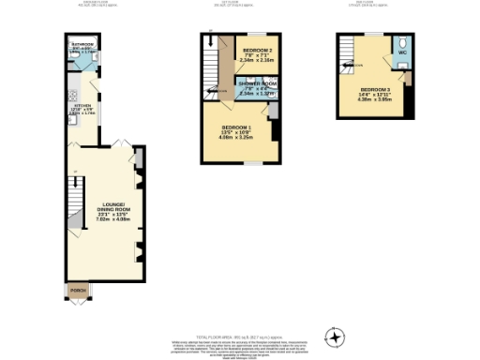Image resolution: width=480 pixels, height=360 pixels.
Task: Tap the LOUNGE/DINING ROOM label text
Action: point(103,206)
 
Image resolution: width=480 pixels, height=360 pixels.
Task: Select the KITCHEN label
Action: point(82,106)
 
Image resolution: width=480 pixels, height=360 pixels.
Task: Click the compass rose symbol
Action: point(335,336)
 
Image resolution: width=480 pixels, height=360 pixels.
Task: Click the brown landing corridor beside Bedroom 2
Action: point(226,66)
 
